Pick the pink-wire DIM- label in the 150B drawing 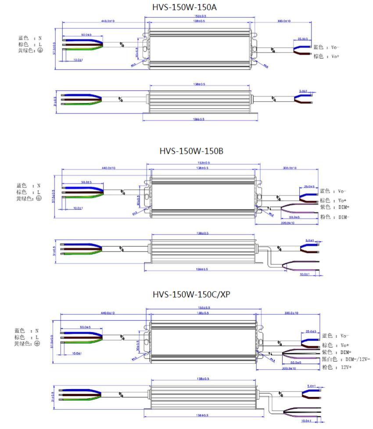[341, 217]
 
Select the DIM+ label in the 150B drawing [341, 207]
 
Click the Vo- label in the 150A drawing [335, 47]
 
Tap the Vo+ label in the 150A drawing [335, 57]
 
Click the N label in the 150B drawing [39, 186]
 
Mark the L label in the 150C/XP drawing [37, 337]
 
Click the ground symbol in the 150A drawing [39, 50]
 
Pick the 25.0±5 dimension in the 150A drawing [303, 39]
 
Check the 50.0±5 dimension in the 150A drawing [86, 35]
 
